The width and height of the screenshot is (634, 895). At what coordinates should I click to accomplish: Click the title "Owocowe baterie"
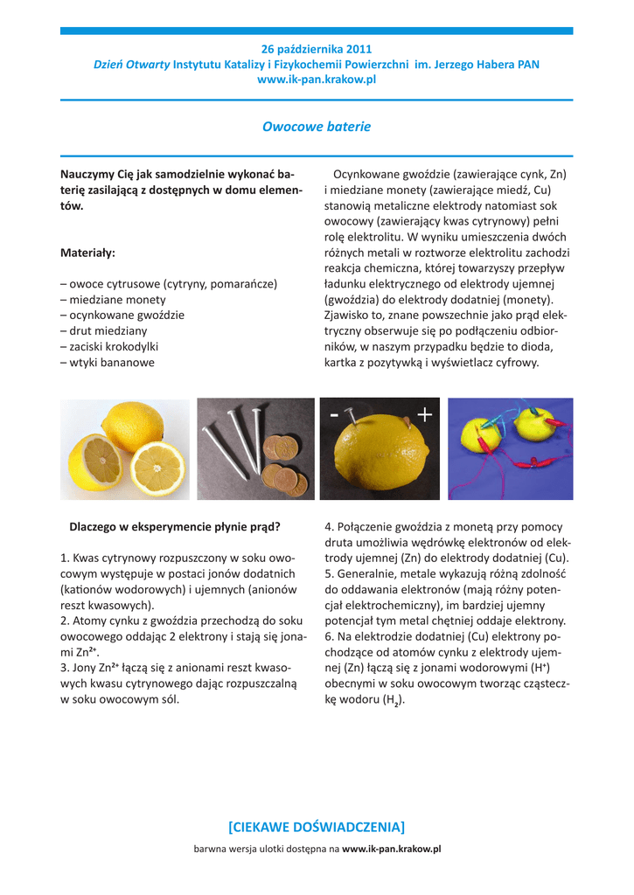317,127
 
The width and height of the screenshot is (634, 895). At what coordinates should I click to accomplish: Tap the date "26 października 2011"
317,49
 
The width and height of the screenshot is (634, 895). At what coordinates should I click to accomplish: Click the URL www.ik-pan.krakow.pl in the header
317,79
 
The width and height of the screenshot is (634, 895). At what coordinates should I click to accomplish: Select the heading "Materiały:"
87,253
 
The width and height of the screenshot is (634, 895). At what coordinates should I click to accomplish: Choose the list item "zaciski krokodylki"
115,347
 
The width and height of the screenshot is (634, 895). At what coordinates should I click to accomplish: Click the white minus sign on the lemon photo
334,418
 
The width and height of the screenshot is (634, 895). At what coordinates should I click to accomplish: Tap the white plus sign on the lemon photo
424,415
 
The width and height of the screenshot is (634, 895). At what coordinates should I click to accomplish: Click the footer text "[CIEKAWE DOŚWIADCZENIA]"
317,827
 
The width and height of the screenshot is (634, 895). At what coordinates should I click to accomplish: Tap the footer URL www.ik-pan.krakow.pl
391,849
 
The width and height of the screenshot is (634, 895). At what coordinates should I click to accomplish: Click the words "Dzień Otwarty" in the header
131,64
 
